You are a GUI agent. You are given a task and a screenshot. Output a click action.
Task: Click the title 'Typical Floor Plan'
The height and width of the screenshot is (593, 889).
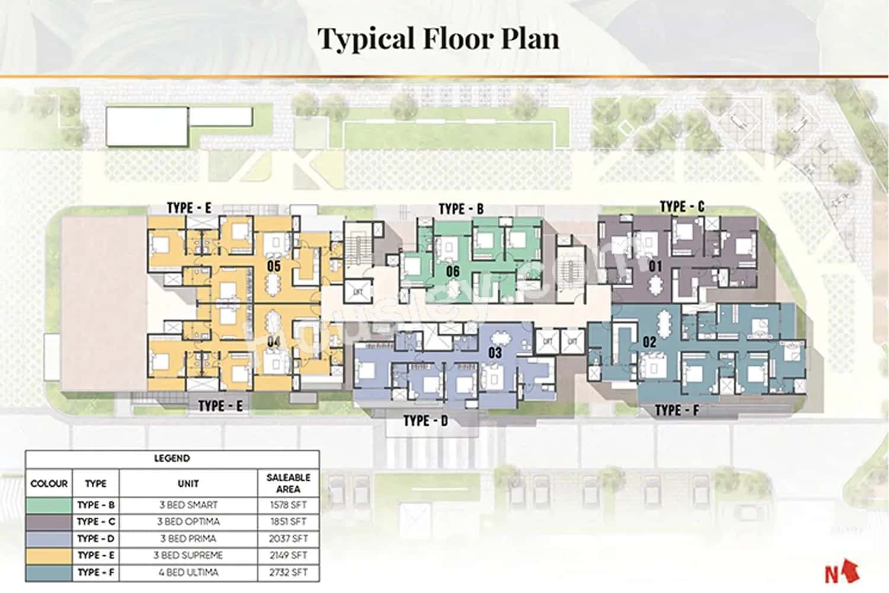point(438,39)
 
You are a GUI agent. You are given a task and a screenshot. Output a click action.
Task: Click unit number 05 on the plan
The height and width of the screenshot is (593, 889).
point(273,266)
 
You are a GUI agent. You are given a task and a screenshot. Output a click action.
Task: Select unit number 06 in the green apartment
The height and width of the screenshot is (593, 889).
point(453,272)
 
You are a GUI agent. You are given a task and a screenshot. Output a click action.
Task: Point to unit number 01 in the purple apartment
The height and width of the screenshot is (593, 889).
point(655,266)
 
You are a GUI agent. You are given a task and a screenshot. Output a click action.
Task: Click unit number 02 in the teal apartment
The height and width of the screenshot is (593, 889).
point(650,342)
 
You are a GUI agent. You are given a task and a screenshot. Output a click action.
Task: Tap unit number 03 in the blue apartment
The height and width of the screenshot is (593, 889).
point(495,353)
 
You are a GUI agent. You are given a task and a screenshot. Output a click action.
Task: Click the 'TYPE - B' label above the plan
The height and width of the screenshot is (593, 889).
point(461,209)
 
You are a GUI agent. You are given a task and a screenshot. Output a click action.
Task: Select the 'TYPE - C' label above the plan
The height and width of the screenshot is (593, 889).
point(682,206)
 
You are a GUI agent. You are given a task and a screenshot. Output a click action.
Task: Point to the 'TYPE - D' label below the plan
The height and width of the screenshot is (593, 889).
point(426,421)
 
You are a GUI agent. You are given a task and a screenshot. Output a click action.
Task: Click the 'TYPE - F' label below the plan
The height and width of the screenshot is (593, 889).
point(677,410)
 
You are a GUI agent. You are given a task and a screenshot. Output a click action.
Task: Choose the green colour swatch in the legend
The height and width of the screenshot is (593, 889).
point(49,505)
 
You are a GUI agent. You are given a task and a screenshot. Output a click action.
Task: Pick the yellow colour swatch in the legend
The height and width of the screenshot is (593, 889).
point(49,556)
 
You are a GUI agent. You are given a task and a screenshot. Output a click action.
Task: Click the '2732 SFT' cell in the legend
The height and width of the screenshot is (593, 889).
point(288,573)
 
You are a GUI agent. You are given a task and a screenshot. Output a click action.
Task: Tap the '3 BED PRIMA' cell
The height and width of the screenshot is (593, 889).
point(188,539)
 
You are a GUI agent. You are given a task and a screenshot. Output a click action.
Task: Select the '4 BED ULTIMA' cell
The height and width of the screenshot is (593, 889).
point(188,573)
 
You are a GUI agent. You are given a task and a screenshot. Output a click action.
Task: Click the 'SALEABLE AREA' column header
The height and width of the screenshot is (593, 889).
point(288,483)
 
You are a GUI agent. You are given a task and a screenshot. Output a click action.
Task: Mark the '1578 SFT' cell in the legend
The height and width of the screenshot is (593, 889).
point(288,505)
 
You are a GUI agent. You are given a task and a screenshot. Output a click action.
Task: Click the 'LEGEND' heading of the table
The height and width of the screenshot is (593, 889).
point(172,458)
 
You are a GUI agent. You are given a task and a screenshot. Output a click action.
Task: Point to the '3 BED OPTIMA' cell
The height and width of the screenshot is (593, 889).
point(188,522)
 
